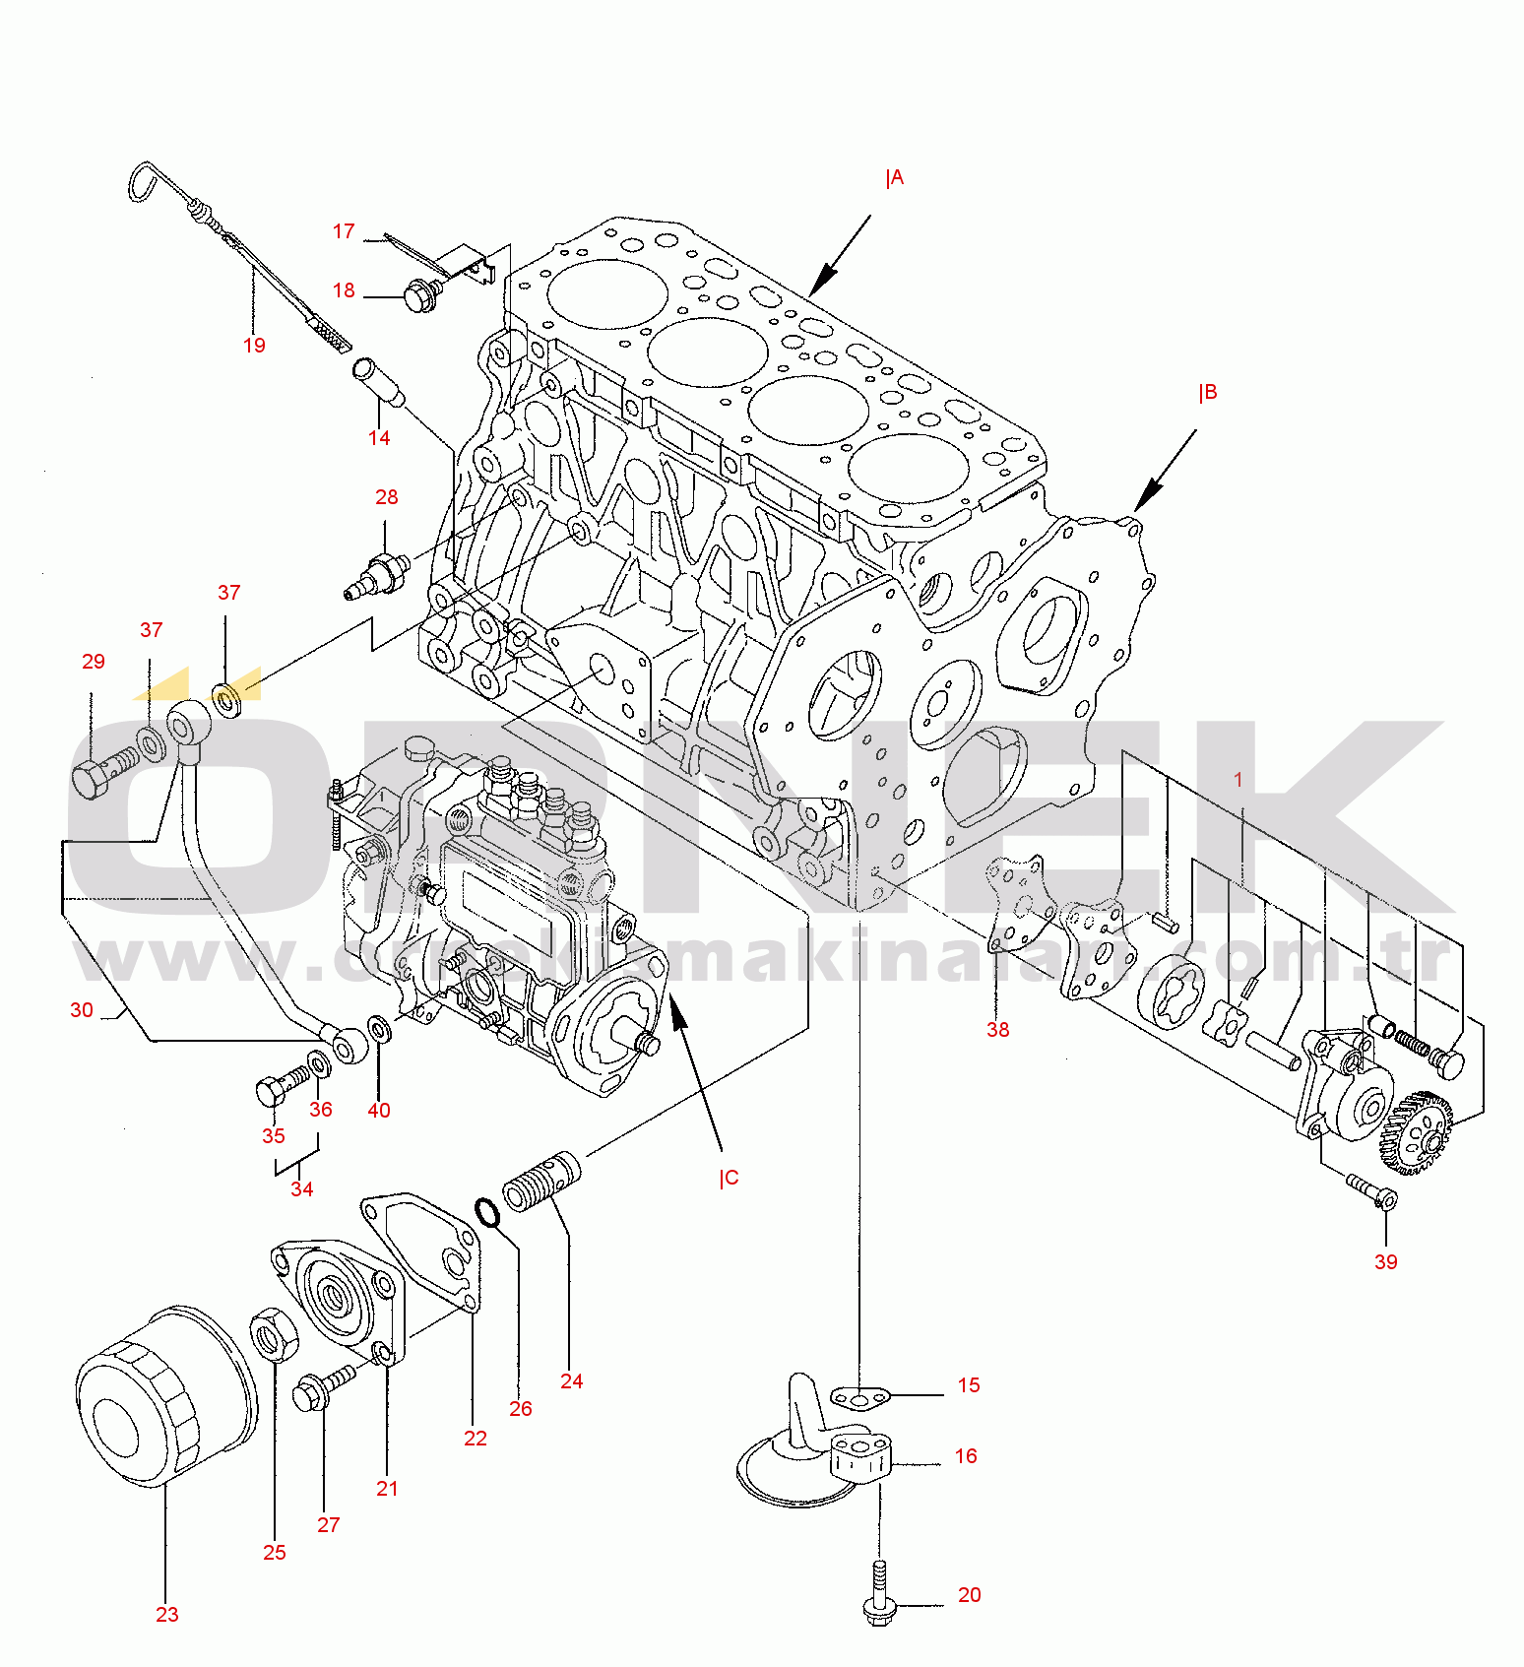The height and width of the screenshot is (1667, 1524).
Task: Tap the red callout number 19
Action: [x=254, y=346]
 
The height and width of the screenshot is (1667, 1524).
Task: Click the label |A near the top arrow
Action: [x=894, y=178]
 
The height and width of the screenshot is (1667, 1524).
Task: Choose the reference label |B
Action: [x=1208, y=393]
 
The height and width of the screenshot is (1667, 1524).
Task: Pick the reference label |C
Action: [x=729, y=1179]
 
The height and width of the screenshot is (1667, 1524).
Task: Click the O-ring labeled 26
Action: [x=486, y=1213]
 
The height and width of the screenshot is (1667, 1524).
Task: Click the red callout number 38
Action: [x=997, y=1030]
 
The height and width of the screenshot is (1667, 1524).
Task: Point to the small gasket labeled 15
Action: [x=859, y=1397]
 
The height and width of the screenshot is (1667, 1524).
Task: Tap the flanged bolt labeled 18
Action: [x=422, y=293]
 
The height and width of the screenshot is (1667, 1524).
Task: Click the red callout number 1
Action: [x=1238, y=780]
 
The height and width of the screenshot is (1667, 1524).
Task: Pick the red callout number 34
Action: [x=301, y=1189]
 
